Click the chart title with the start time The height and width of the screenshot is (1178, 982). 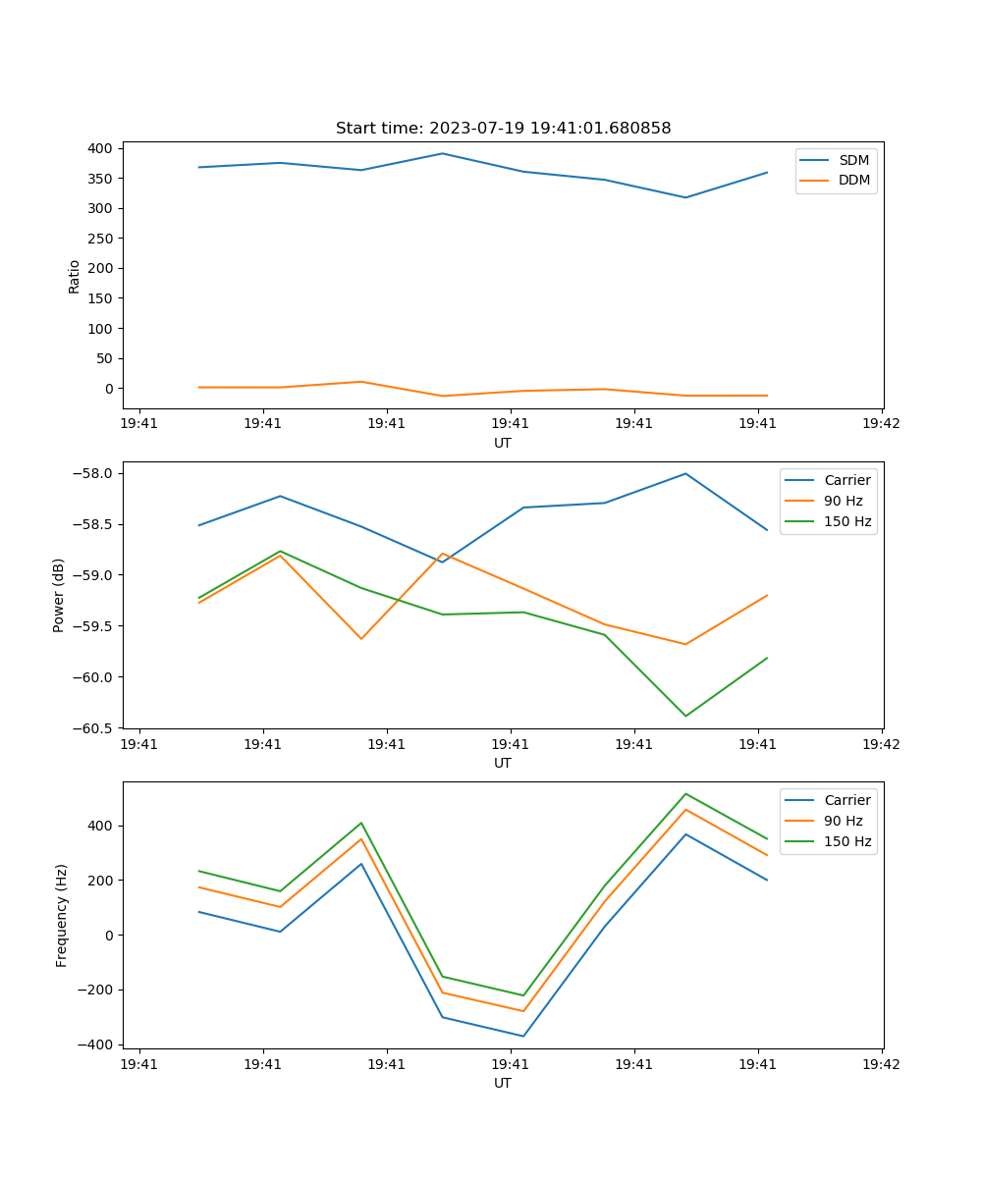point(503,129)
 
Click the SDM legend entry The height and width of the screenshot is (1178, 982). point(853,160)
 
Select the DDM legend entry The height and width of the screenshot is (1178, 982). point(853,180)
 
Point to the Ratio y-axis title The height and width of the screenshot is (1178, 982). point(75,277)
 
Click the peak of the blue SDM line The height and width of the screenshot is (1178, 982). point(442,153)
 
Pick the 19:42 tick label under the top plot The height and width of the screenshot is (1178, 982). point(881,424)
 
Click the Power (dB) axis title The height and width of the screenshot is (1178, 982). point(59,595)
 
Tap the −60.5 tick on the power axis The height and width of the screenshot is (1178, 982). point(97,728)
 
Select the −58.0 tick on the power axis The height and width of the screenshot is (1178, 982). point(97,473)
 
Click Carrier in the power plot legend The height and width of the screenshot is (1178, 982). point(846,480)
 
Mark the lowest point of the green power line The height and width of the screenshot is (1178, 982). point(685,716)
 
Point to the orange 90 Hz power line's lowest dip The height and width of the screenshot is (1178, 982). point(685,644)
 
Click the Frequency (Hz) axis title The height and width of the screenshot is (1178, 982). point(62,915)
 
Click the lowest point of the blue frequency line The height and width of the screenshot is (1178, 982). point(523,1036)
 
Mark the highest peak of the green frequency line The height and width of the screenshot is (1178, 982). point(685,793)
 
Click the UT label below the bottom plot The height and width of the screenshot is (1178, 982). point(503,1083)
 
